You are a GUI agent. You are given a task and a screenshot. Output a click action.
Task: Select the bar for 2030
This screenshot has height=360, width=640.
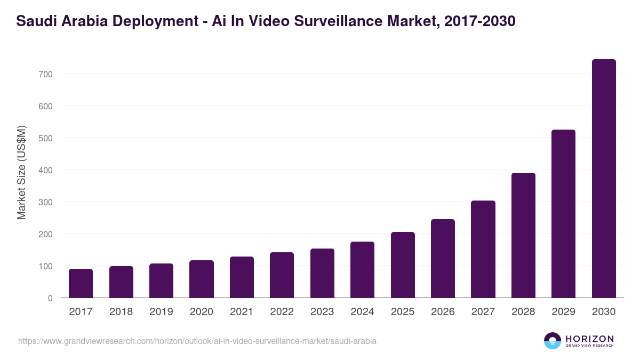(x=604, y=179)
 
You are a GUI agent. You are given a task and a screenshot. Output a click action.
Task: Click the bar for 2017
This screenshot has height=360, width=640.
(x=81, y=283)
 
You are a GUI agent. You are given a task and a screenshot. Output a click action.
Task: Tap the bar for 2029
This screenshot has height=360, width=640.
(x=563, y=213)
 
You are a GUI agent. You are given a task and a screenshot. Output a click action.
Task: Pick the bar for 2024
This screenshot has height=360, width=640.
(x=362, y=270)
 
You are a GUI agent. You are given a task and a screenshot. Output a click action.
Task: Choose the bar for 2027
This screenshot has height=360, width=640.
(x=483, y=249)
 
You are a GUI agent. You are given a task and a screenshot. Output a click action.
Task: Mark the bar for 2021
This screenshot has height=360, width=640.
(x=242, y=277)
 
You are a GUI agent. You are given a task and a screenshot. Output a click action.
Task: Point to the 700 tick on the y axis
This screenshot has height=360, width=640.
(x=46, y=74)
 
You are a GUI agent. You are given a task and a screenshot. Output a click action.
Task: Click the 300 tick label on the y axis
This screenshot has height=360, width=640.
(x=46, y=202)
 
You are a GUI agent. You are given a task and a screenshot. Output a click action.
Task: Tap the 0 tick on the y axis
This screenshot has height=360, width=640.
(x=50, y=298)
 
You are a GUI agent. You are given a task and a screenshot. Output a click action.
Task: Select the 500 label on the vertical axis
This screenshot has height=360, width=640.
(x=46, y=138)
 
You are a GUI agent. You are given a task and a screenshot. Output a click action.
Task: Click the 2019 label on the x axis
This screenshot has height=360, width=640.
(x=161, y=312)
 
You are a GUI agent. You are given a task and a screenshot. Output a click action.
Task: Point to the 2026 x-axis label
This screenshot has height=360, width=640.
(x=443, y=312)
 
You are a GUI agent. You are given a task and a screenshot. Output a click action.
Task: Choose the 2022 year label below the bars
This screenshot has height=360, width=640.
(x=282, y=312)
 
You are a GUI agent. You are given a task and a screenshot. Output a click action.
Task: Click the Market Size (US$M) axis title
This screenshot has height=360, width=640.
(x=21, y=172)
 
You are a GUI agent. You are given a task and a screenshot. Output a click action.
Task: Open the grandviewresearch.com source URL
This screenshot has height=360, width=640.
(x=197, y=341)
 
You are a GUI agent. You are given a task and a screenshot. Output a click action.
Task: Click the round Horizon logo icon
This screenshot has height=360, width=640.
(x=553, y=341)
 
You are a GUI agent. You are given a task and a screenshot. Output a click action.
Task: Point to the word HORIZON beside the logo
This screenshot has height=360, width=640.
(x=589, y=339)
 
